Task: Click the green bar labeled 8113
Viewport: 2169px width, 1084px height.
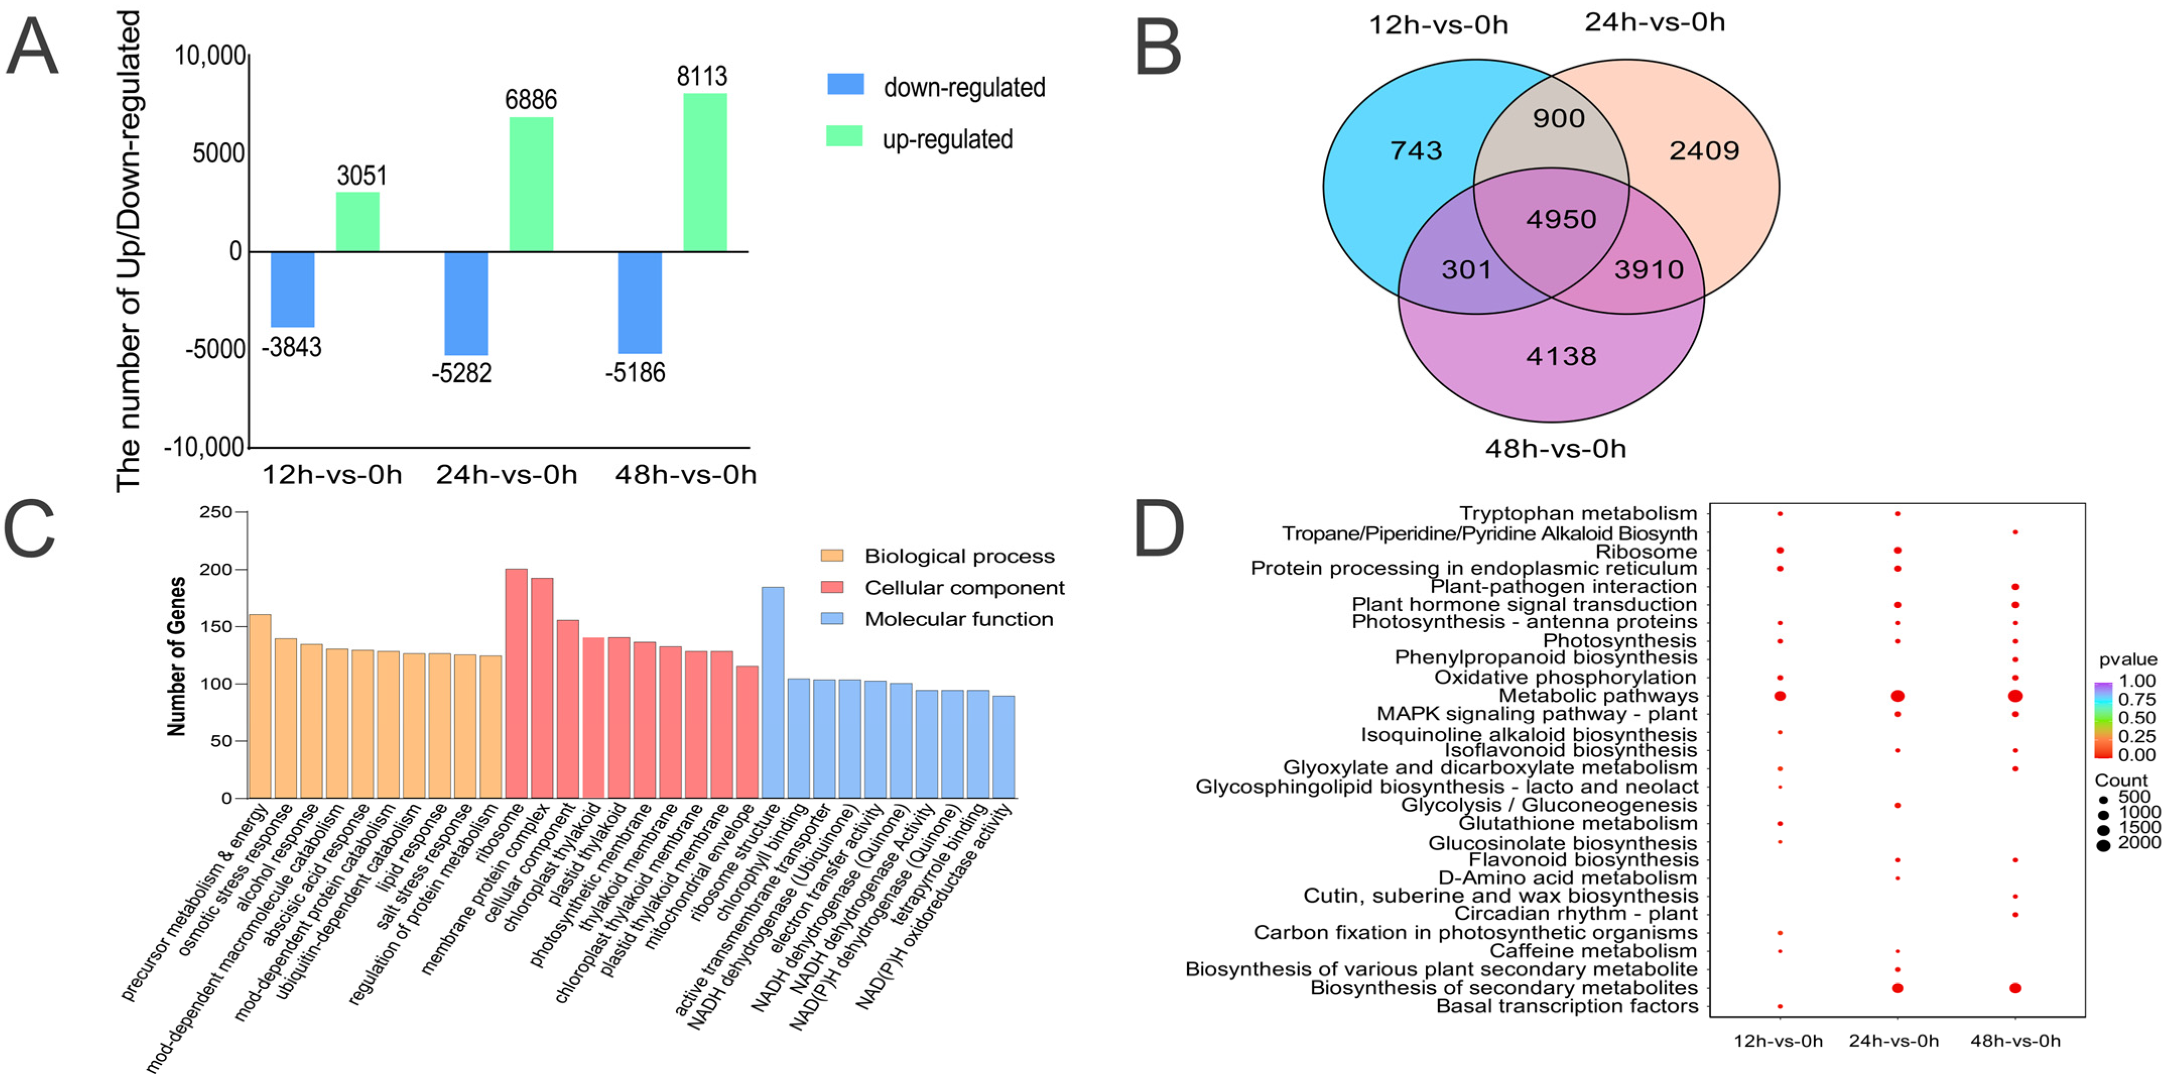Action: (705, 172)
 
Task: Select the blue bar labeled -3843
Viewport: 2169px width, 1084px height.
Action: (292, 289)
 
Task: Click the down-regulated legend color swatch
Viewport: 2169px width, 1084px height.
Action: (845, 84)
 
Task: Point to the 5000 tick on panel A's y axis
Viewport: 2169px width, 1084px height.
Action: (218, 153)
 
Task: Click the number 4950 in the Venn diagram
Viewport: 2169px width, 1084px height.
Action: (1561, 219)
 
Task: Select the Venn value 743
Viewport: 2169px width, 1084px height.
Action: (1416, 151)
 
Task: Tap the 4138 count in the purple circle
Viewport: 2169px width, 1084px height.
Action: (1561, 356)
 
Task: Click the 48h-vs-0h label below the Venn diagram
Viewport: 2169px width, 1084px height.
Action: (1555, 448)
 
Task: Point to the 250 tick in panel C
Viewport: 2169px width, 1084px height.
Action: (216, 512)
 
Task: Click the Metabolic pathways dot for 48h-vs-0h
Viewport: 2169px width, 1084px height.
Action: (2015, 696)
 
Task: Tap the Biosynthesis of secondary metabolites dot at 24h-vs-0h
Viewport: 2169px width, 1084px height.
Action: (1897, 988)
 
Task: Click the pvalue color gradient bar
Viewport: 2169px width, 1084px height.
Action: (2102, 719)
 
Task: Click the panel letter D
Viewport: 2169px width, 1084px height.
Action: (1160, 529)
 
